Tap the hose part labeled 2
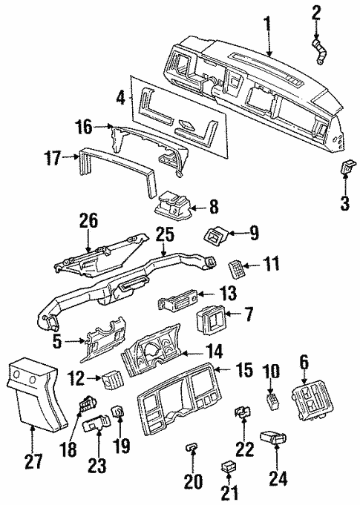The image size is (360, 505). point(321,53)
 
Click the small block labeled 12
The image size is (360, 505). point(112,379)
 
